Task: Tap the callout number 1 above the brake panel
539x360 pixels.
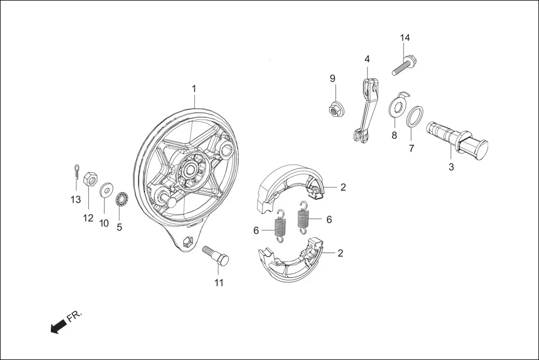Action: [x=194, y=89]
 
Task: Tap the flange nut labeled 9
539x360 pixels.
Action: [x=335, y=110]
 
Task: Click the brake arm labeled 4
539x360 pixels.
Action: [x=365, y=109]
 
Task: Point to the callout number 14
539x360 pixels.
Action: [x=405, y=37]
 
